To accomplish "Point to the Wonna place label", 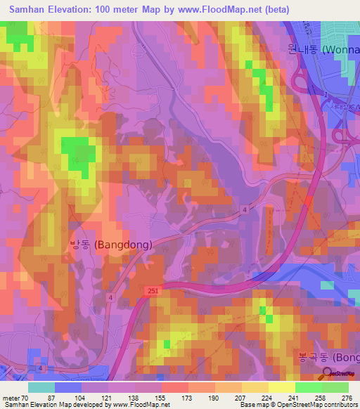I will tap(323, 50).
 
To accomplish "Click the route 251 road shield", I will tap(154, 290).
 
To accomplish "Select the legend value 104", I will tap(81, 398).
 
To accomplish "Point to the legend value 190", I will tap(214, 398).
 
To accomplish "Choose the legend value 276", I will tap(345, 398).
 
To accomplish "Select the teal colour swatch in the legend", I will tap(41, 387).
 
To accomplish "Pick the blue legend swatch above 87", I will tap(68, 387).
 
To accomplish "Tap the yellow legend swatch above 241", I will tap(282, 387).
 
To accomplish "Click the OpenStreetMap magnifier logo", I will tap(328, 373).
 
